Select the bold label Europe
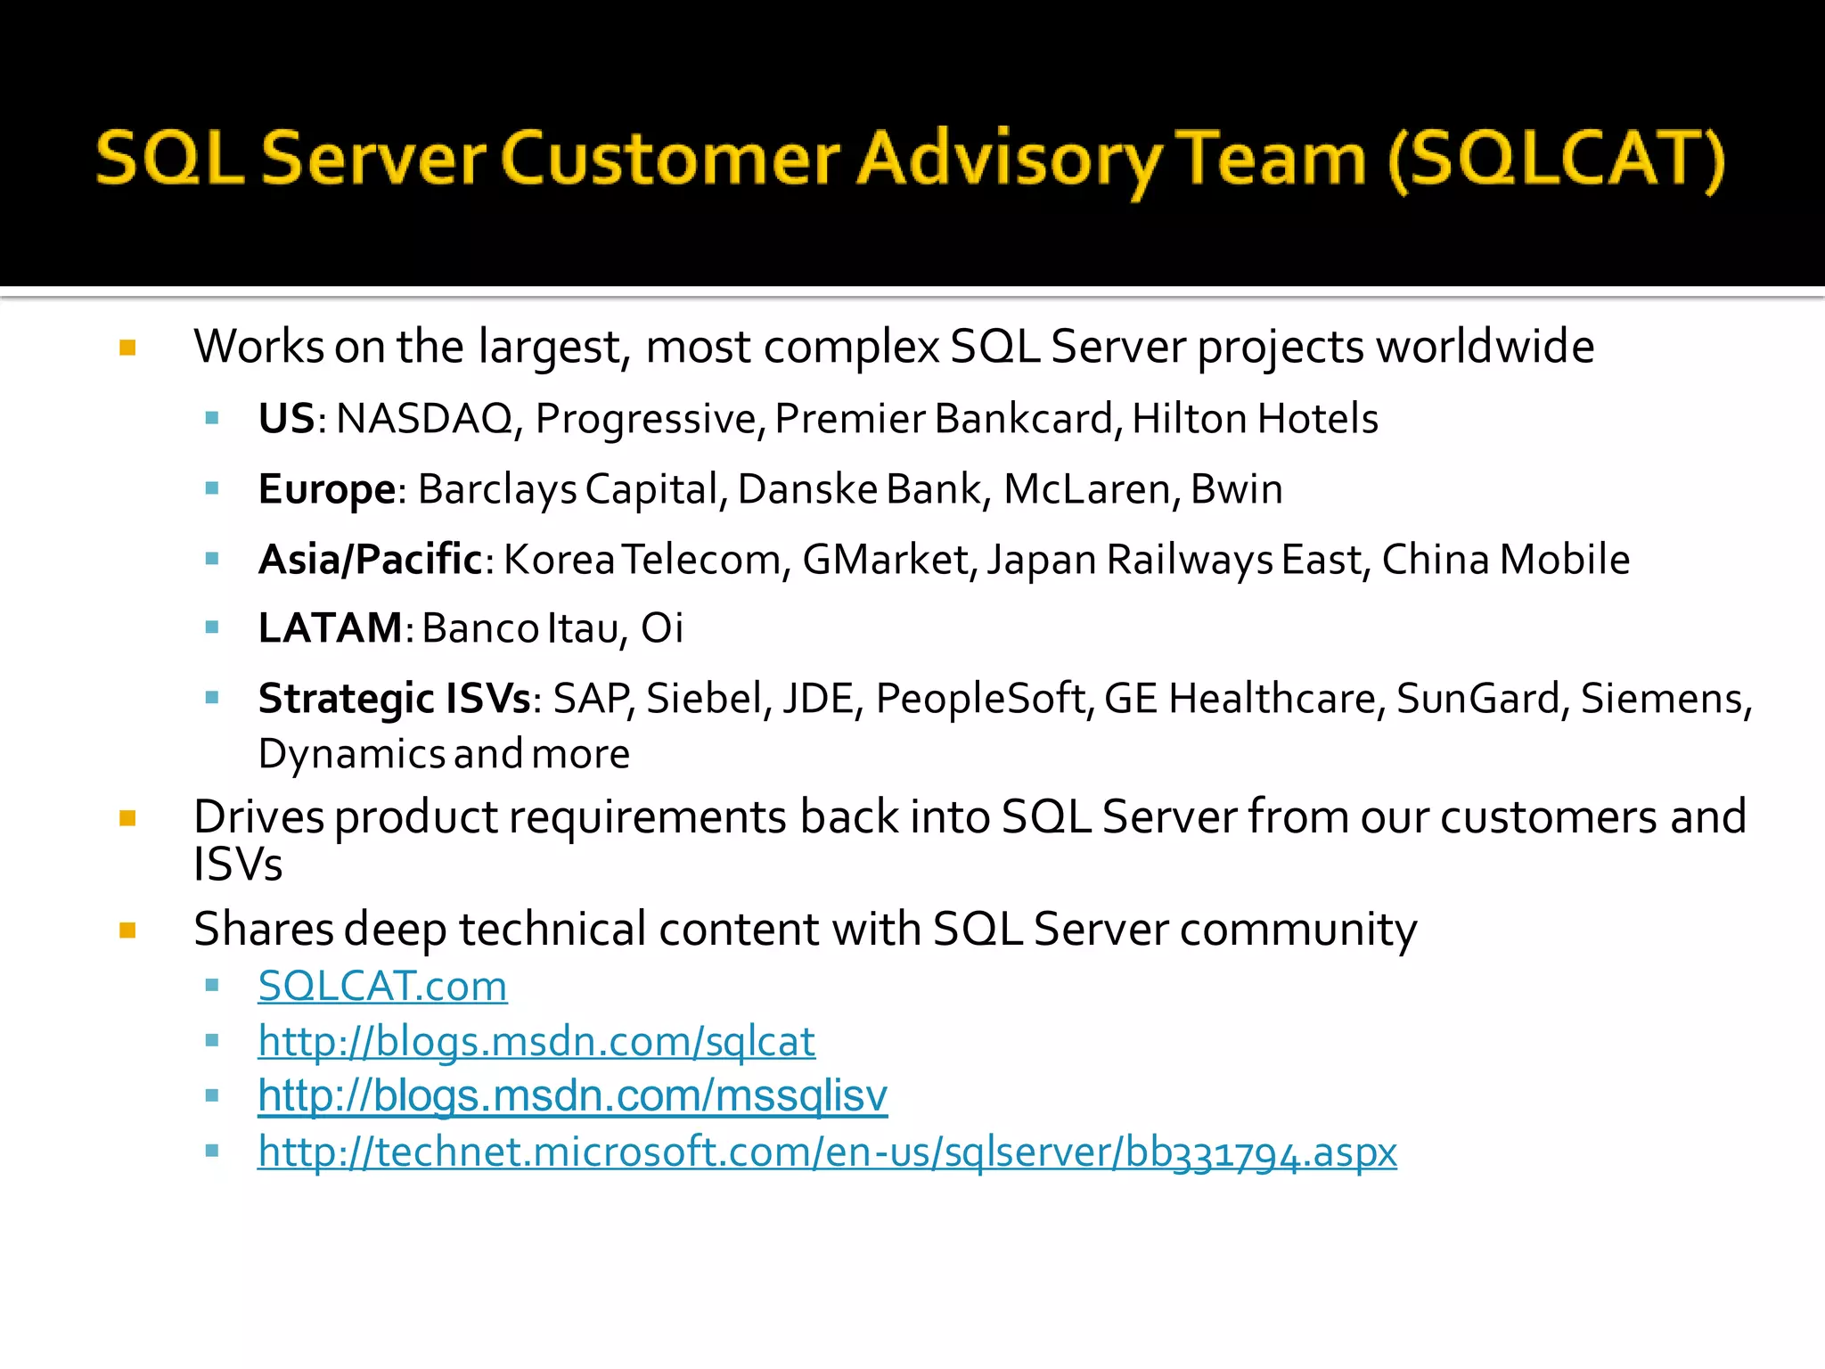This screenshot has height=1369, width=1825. click(x=326, y=489)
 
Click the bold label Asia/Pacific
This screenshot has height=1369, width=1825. click(x=370, y=560)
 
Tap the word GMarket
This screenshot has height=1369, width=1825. click(x=885, y=560)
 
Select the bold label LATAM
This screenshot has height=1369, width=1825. click(x=330, y=628)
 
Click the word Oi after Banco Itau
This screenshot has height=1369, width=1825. click(x=662, y=628)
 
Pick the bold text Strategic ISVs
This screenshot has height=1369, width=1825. click(x=394, y=699)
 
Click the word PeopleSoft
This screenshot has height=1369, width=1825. click(x=981, y=699)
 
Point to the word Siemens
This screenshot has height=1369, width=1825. click(x=1663, y=699)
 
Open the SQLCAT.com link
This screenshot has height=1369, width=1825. click(x=382, y=987)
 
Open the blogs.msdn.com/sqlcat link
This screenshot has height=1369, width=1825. click(x=536, y=1041)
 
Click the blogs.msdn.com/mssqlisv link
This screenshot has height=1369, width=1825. click(x=572, y=1096)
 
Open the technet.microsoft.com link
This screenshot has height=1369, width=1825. click(x=826, y=1152)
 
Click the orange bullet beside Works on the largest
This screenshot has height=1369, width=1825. click(x=127, y=348)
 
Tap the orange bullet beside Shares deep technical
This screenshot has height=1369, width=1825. click(x=127, y=930)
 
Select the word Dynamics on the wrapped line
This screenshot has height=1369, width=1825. click(x=352, y=755)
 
